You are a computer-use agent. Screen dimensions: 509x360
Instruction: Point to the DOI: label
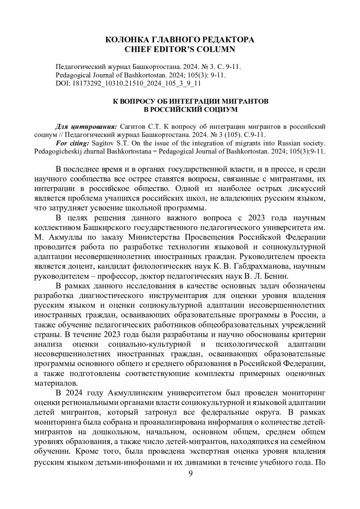63,83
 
